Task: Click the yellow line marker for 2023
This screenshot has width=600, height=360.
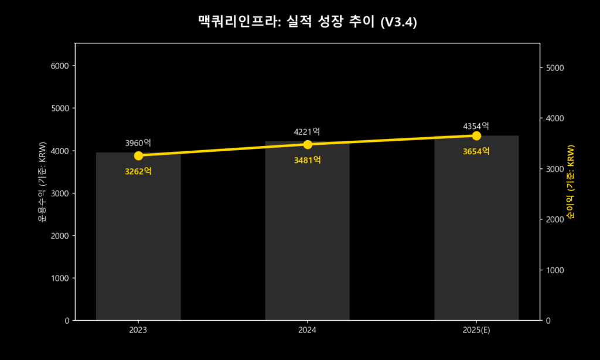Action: (138, 155)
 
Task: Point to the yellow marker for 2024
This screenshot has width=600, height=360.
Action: (307, 144)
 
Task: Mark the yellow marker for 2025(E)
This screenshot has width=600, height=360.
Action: (476, 136)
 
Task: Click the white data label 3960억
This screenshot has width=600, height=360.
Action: (138, 142)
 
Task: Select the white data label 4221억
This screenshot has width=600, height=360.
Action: (307, 132)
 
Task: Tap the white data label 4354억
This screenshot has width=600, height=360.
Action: (476, 126)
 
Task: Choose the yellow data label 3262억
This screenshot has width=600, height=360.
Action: (138, 171)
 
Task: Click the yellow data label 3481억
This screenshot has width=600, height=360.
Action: (307, 160)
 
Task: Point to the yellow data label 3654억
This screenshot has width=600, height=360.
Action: (476, 151)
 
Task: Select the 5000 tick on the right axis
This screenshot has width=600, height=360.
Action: (554, 68)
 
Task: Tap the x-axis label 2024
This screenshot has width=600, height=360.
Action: (307, 330)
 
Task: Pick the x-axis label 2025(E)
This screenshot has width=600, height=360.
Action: (476, 330)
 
